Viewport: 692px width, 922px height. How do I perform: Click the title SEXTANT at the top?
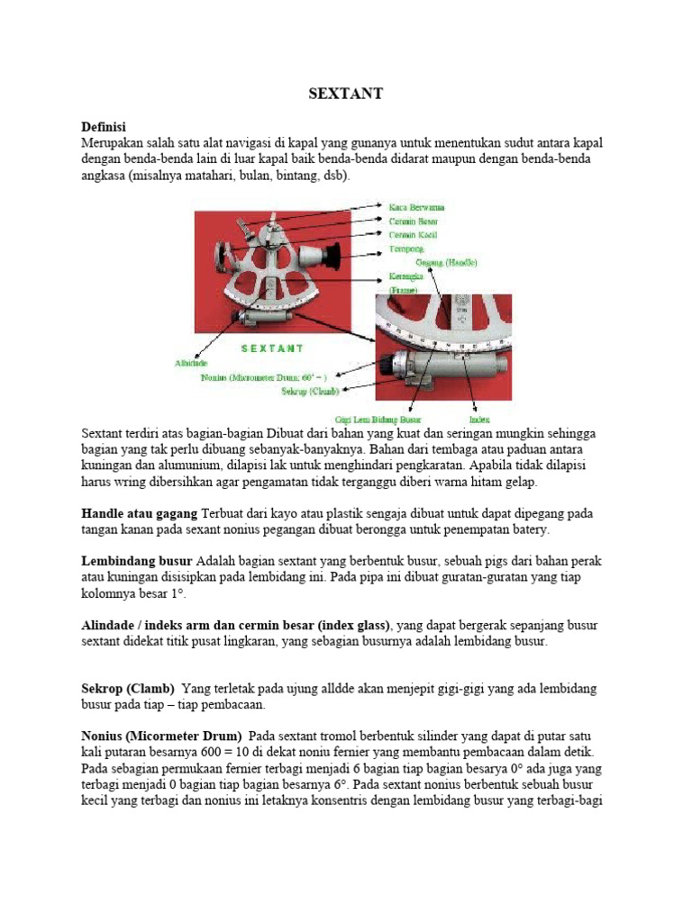346,94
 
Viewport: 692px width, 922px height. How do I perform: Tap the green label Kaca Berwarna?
416,207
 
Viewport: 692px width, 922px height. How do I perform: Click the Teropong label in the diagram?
406,248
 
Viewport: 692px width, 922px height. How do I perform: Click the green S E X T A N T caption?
272,348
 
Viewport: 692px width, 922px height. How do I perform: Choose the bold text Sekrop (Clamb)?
128,689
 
